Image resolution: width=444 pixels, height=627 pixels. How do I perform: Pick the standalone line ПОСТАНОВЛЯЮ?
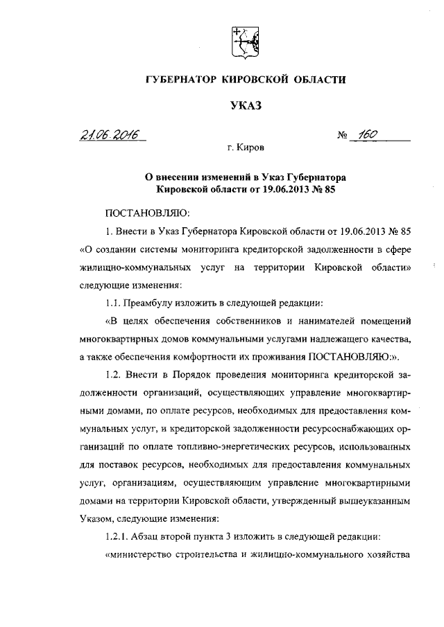(144, 212)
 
